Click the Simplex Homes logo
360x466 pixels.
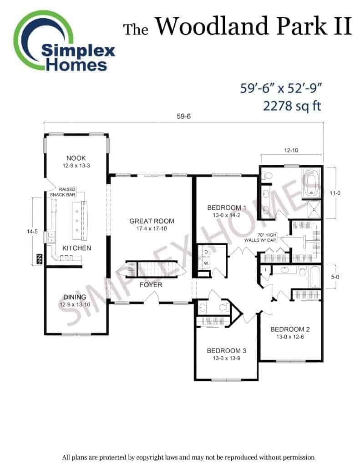[64, 41]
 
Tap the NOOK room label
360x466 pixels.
[76, 158]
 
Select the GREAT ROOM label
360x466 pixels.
[152, 221]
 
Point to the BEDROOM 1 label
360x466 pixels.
[227, 208]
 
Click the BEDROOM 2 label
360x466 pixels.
[290, 329]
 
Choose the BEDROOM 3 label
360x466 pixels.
[227, 351]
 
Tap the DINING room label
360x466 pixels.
[75, 297]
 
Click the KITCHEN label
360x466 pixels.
[77, 248]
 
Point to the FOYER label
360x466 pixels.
[151, 285]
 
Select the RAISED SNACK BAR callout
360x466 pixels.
[63, 192]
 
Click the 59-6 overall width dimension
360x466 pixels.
[184, 116]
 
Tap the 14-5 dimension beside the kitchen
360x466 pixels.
[32, 232]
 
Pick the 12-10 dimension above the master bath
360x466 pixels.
[291, 150]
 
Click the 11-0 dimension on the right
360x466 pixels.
[335, 193]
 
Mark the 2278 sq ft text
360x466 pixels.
[292, 106]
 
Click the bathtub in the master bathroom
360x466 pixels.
[311, 183]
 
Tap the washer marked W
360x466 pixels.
[206, 263]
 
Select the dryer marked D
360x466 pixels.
[206, 252]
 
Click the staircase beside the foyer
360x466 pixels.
[152, 270]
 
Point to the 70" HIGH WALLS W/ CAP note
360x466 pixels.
[261, 238]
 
